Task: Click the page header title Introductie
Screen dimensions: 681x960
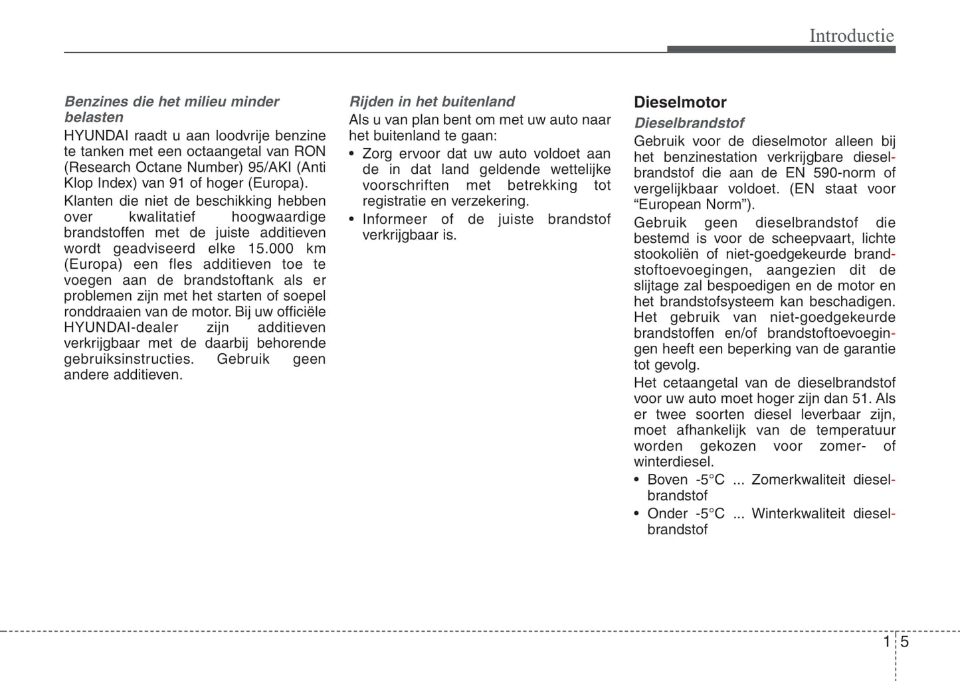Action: point(851,35)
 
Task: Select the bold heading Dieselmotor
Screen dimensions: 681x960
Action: point(680,102)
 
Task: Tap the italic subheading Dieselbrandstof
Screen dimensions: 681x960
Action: point(688,123)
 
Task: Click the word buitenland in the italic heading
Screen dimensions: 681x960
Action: point(481,102)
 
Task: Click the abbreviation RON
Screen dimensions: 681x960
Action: point(310,151)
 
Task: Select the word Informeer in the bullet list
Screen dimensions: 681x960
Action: point(395,219)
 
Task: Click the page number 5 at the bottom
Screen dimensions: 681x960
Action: point(904,641)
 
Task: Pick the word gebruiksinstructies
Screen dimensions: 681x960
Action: point(128,359)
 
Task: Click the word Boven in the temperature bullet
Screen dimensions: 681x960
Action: point(667,480)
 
